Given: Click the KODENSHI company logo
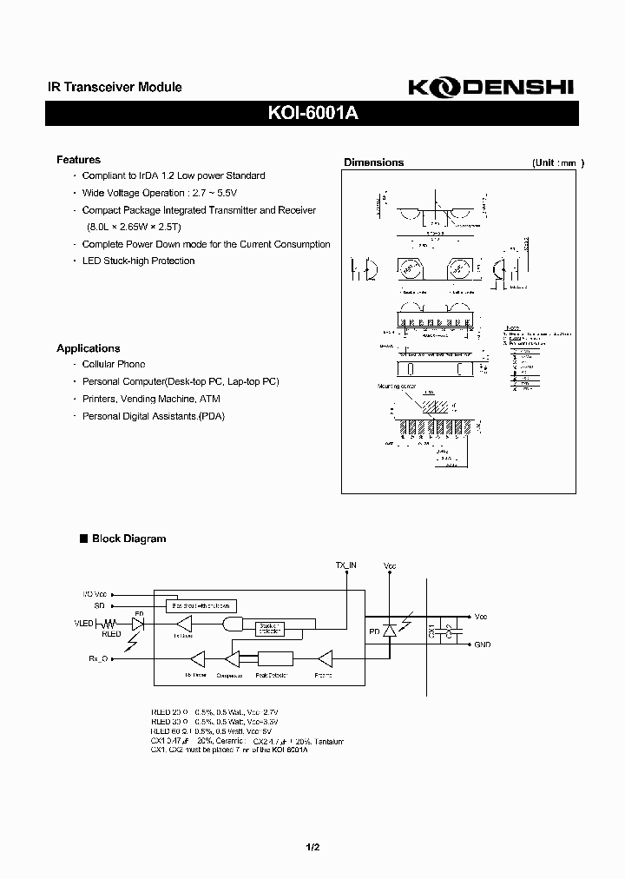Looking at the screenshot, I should click(490, 88).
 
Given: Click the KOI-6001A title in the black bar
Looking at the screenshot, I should click(312, 115).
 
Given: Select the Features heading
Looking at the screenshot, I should click(78, 160).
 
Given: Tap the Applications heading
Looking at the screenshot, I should click(88, 348).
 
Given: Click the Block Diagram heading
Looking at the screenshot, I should click(128, 539).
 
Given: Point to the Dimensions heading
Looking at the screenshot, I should click(373, 162).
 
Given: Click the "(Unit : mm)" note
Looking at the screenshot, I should click(557, 162).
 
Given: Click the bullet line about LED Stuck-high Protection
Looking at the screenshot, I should click(138, 261).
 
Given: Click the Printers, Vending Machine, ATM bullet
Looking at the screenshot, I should click(150, 399).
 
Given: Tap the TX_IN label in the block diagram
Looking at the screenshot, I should click(346, 565).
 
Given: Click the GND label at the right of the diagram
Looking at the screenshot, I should click(483, 645).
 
